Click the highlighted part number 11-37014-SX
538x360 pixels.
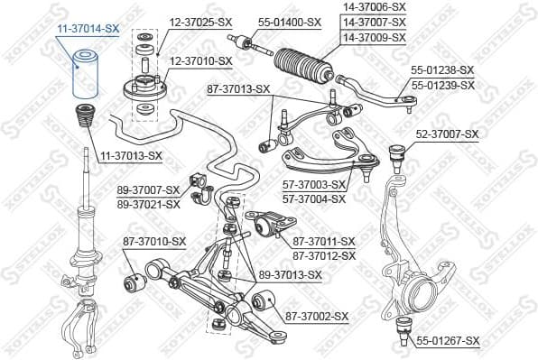88,29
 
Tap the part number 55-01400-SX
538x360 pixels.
289,22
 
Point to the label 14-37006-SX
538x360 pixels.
374,6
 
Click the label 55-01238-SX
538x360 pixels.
441,69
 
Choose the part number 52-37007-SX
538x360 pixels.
448,134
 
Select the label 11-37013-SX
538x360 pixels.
130,155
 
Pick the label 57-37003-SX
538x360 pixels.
314,185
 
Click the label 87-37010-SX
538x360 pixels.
154,241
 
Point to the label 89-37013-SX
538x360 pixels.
291,274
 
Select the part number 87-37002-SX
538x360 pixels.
317,316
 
